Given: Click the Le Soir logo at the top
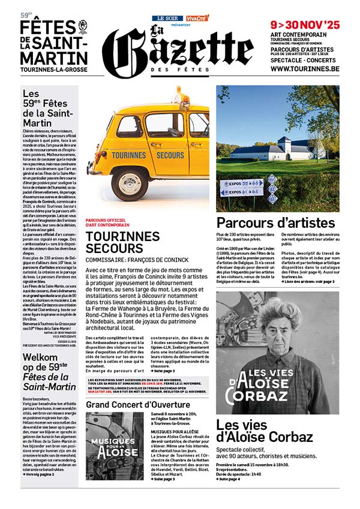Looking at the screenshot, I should pos(167,18).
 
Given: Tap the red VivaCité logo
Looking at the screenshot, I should pos(197,18).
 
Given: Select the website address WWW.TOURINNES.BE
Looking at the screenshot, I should pos(305,69).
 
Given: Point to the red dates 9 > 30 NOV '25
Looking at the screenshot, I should pos(305,25).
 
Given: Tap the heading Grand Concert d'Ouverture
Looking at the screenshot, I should pos(130,405).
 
